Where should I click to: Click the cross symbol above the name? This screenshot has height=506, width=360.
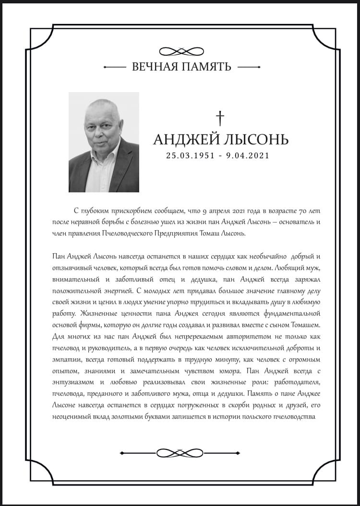tap(220, 118)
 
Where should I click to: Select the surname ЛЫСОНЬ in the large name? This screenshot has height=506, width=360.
tap(255, 140)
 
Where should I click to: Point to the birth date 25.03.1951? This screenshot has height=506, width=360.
tap(189, 155)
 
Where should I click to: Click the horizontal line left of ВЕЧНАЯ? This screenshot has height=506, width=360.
tap(114, 67)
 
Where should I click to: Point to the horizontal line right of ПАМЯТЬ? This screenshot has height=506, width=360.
tap(249, 67)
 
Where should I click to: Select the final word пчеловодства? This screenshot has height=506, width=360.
tap(293, 416)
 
